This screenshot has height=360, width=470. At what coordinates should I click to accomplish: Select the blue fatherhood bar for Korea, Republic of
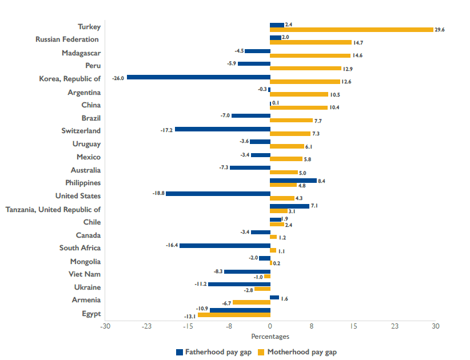coord(198,77)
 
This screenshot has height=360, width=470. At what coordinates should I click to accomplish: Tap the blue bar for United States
coord(218,193)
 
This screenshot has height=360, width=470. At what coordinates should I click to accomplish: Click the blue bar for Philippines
coord(293,181)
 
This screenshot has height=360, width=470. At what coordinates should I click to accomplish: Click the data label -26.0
coord(118,77)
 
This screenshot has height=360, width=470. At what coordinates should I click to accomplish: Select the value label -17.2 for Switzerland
coord(167,130)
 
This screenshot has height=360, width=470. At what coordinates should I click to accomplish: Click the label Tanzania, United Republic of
coord(53,210)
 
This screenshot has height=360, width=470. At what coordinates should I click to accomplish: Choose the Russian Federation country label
coord(67,39)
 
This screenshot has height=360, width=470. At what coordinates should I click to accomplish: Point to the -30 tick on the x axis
coord(105,326)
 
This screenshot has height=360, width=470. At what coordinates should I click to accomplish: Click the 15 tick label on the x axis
coord(353,326)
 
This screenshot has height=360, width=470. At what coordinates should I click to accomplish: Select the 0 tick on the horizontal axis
coord(270,326)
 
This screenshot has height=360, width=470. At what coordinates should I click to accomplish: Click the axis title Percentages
coord(270,337)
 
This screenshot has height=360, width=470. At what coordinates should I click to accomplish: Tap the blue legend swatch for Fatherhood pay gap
coord(180,352)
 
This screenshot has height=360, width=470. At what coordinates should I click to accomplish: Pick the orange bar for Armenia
coord(252,302)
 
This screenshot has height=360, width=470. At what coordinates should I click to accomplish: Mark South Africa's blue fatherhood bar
coord(225,245)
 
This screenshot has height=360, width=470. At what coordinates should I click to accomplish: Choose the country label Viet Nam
coord(85,274)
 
